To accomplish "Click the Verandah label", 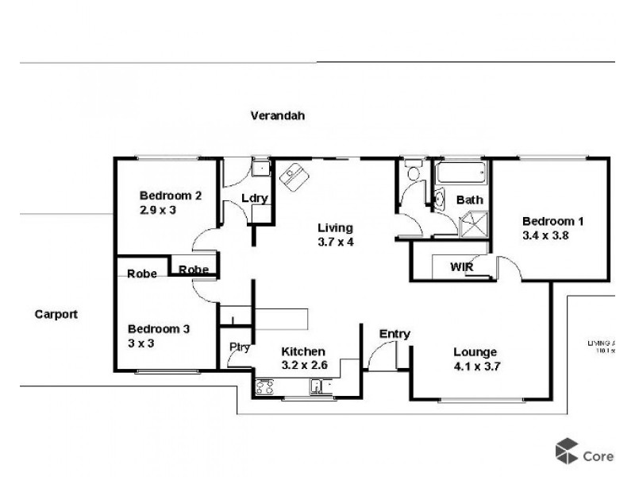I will point(278,115).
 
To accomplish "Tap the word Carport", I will point(56,314).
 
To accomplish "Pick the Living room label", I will point(331,227).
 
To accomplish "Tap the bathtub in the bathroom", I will point(460,173).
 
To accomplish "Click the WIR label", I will point(462,267).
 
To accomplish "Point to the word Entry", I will point(394,334).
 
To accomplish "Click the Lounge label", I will point(475,352).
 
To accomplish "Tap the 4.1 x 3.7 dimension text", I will point(475,366).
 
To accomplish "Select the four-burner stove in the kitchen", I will point(264,388).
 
